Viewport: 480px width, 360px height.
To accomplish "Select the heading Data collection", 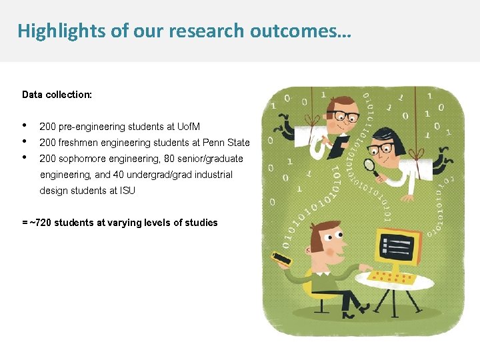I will coord(57,95).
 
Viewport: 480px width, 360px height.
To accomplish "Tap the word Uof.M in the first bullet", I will coord(189,127).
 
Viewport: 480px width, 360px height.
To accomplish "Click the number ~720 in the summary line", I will coord(41,223).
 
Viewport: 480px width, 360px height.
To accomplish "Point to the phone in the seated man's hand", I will coord(281,257).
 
